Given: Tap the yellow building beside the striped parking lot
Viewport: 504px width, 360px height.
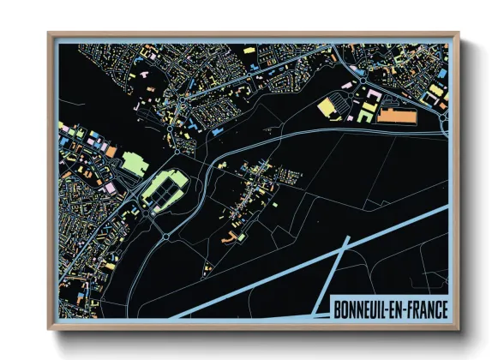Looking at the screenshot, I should click(x=327, y=106).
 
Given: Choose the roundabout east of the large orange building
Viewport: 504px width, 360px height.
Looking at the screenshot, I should click(x=442, y=123).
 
